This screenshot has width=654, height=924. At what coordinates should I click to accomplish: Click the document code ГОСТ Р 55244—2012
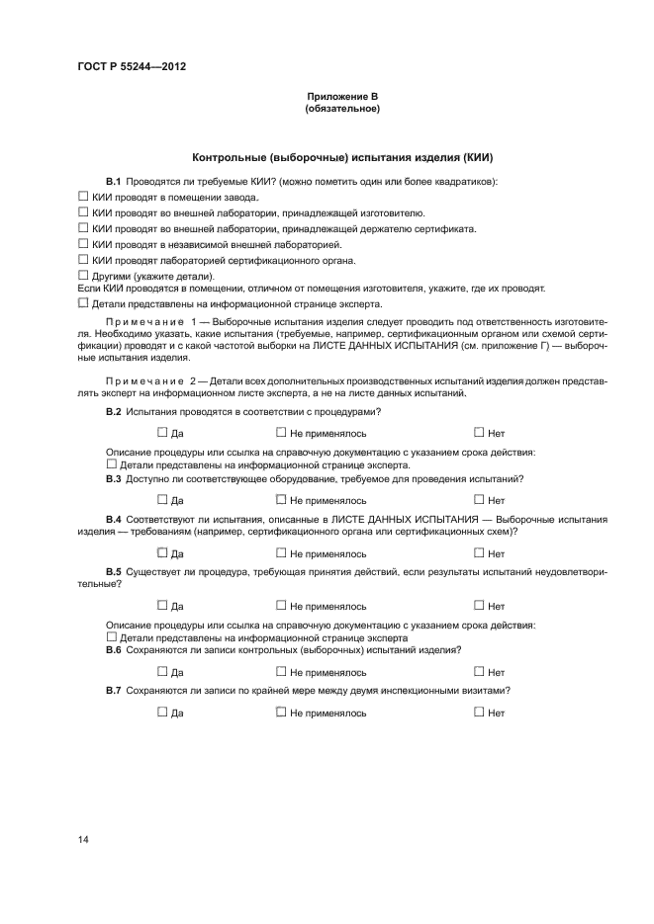pyautogui.click(x=131, y=66)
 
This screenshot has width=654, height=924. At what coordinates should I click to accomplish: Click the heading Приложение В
pyautogui.click(x=342, y=96)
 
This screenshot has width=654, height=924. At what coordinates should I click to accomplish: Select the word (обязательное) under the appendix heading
pyautogui.click(x=342, y=109)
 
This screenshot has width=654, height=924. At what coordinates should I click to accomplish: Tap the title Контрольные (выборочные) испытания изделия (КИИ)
pyautogui.click(x=342, y=157)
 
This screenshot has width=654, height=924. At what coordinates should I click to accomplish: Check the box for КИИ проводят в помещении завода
pyautogui.click(x=84, y=197)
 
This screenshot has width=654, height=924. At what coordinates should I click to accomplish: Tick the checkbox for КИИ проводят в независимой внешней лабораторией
pyautogui.click(x=84, y=242)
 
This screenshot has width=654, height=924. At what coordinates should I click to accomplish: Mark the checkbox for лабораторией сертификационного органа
pyautogui.click(x=84, y=259)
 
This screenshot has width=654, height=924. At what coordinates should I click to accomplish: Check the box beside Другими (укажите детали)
pyautogui.click(x=84, y=275)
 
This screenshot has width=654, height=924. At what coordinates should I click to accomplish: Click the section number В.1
pyautogui.click(x=114, y=181)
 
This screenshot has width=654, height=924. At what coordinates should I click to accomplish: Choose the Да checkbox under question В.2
pyautogui.click(x=162, y=431)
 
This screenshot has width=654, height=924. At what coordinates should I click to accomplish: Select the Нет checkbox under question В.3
pyautogui.click(x=479, y=499)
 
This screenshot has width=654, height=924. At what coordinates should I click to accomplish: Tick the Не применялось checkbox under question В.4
pyautogui.click(x=281, y=552)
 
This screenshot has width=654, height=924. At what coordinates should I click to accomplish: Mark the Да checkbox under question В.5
pyautogui.click(x=162, y=605)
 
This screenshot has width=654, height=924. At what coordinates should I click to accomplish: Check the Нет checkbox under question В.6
pyautogui.click(x=479, y=671)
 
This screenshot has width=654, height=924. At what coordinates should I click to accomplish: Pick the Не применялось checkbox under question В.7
pyautogui.click(x=281, y=711)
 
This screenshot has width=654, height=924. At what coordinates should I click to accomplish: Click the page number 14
pyautogui.click(x=83, y=839)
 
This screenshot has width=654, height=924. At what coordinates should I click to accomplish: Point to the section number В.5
pyautogui.click(x=114, y=571)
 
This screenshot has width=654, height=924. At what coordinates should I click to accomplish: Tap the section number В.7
pyautogui.click(x=114, y=689)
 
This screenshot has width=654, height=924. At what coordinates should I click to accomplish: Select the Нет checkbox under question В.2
pyautogui.click(x=479, y=431)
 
